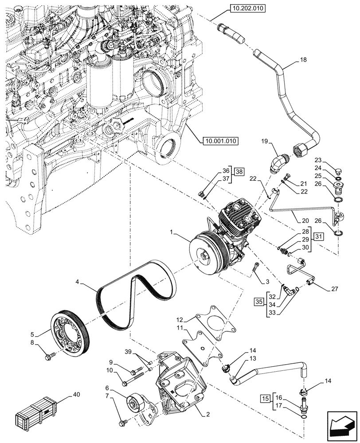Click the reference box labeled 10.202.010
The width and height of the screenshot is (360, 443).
tap(247, 7)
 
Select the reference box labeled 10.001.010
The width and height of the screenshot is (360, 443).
tap(220, 141)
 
